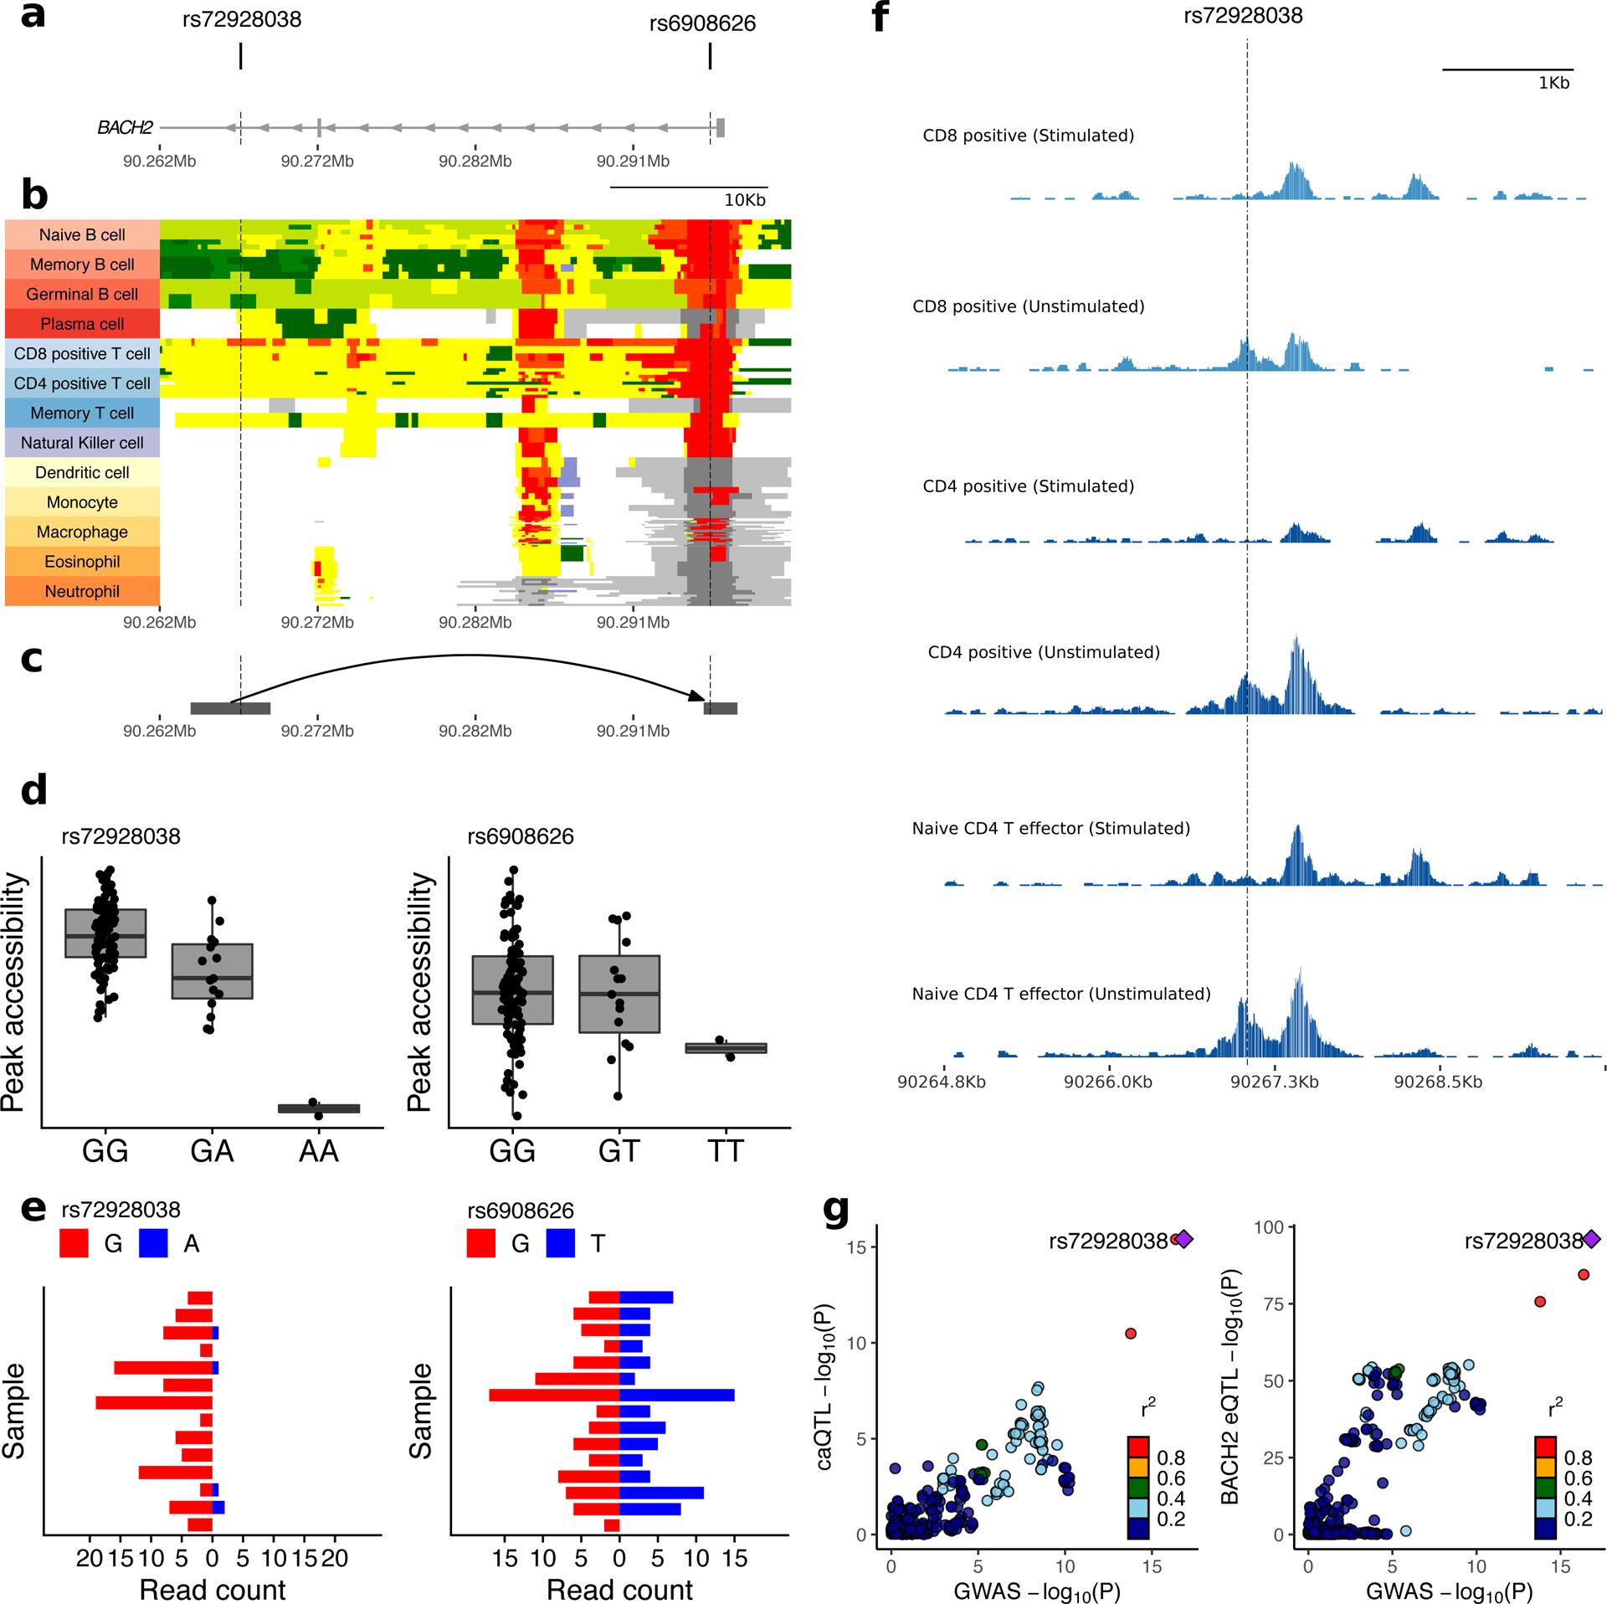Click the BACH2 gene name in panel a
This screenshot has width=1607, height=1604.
point(125,128)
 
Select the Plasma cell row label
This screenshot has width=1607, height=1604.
point(82,324)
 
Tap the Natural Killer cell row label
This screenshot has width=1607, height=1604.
point(82,443)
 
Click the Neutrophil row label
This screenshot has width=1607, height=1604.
point(82,592)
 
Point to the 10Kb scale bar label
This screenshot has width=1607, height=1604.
point(744,201)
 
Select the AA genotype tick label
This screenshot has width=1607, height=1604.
point(318,1151)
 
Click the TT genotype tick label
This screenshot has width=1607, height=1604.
point(726,1151)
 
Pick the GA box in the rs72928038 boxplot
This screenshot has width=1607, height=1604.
point(213,971)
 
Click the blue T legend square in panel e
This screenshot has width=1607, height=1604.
point(560,1244)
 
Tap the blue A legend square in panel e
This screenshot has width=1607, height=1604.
point(153,1244)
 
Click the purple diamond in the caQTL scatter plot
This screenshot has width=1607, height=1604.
point(1183,1238)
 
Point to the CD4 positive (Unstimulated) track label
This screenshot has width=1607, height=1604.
point(1044,652)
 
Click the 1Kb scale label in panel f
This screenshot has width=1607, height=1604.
point(1553,83)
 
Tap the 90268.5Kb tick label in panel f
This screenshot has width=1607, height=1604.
point(1437,1082)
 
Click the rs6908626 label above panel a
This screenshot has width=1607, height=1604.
point(702,23)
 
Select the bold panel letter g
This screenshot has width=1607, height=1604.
point(838,1211)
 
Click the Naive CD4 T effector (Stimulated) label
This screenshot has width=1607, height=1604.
point(1050,828)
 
